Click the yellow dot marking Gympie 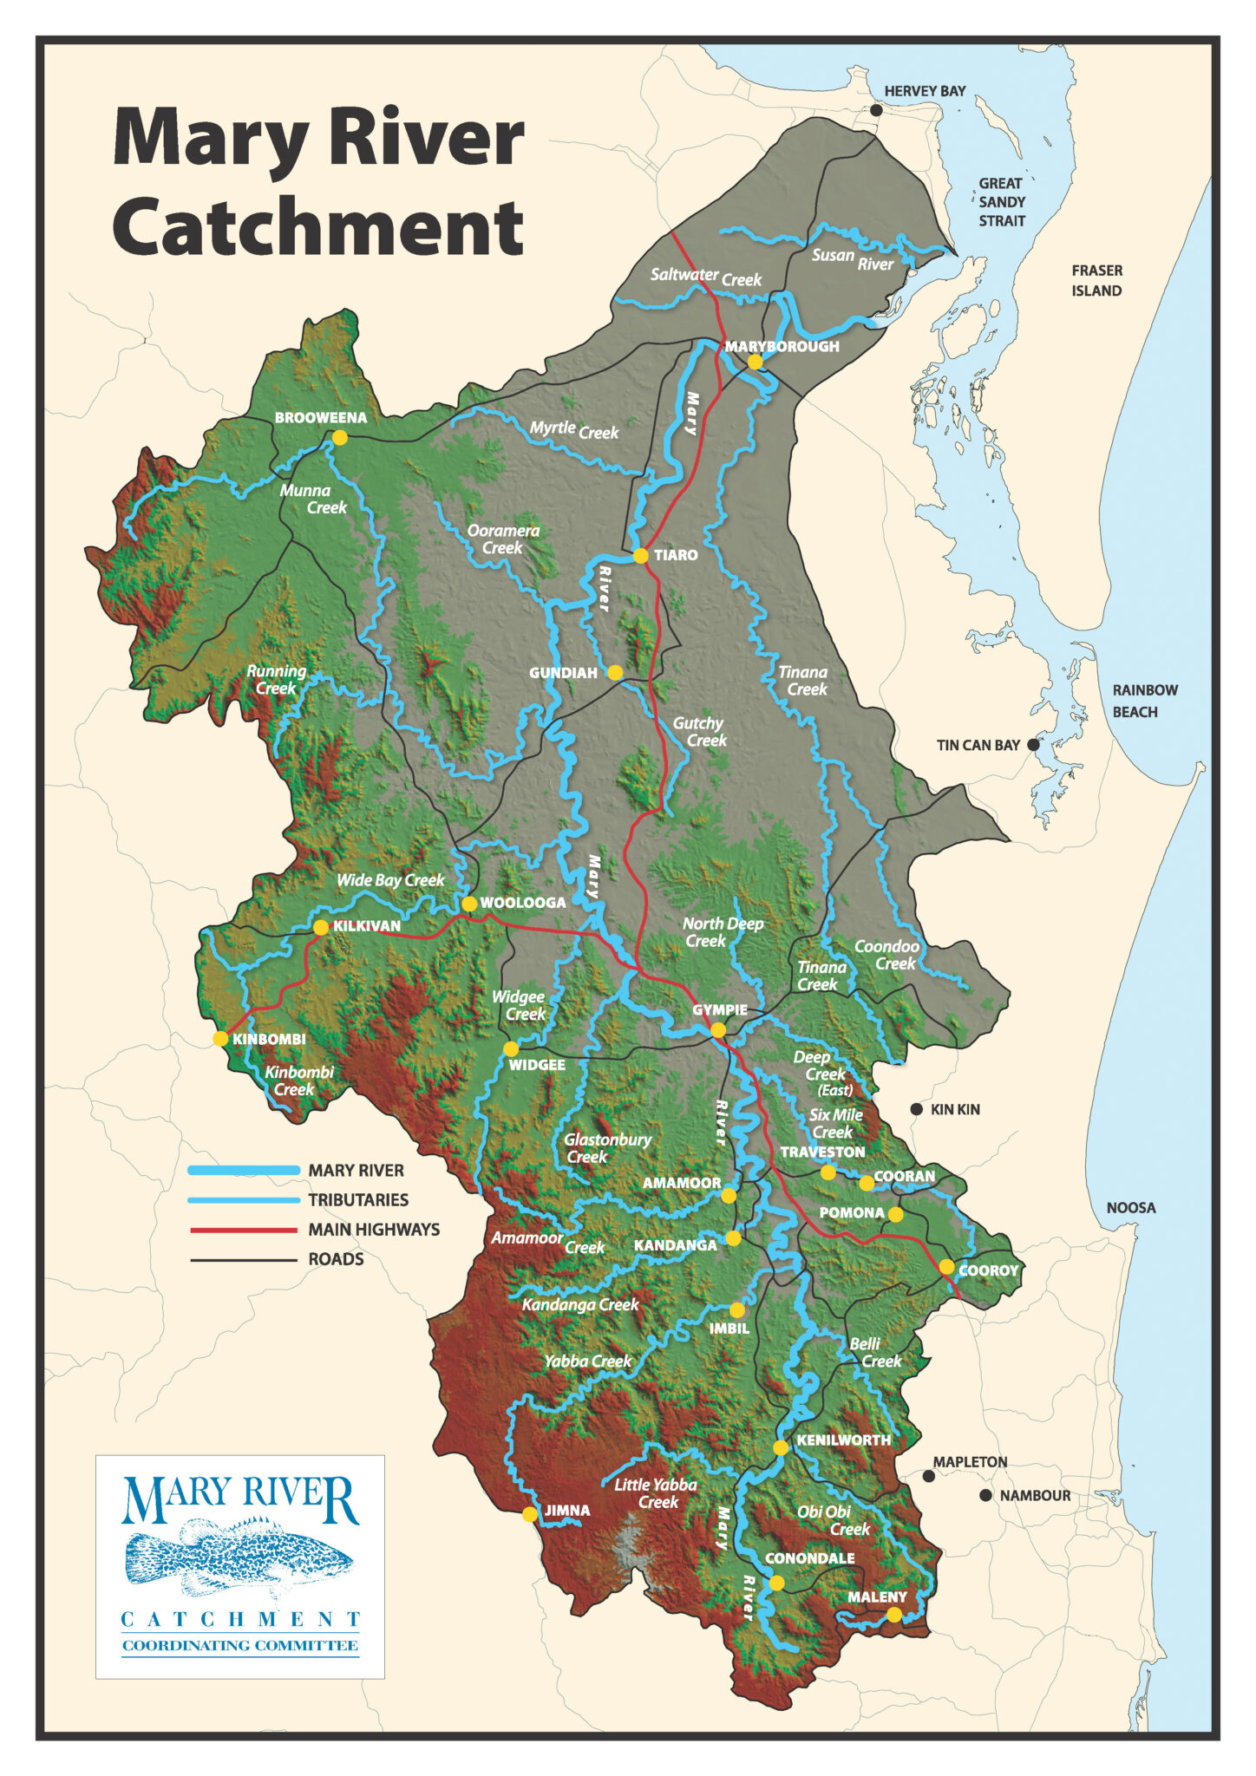(x=718, y=1030)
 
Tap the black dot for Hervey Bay (x=876, y=110)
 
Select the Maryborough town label (x=782, y=346)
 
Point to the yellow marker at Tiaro (x=640, y=555)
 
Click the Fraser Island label (x=1096, y=280)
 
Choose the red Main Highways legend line (x=244, y=1230)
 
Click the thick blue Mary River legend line (x=244, y=1171)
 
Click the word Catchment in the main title (x=317, y=227)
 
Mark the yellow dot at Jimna (x=529, y=1515)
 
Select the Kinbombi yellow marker (x=220, y=1039)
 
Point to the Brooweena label (x=321, y=417)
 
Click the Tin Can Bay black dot (x=1033, y=744)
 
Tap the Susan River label (x=852, y=258)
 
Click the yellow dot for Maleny (x=893, y=1615)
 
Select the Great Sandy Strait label (x=1002, y=202)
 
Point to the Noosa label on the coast (x=1130, y=1207)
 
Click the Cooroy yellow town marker (x=946, y=1267)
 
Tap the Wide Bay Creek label (x=390, y=880)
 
